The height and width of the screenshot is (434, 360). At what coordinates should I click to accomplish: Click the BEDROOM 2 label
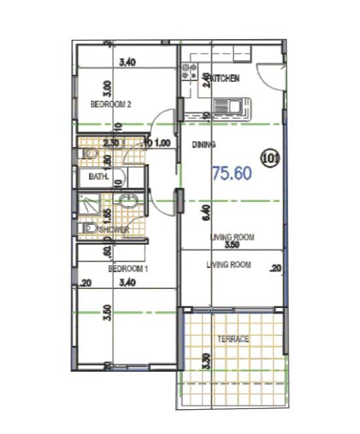(x=111, y=104)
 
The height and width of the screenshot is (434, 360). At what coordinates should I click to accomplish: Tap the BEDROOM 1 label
(x=128, y=269)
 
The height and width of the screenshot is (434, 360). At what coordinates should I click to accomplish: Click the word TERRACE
(x=233, y=339)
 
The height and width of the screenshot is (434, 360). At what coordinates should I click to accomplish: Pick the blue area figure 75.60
(x=233, y=173)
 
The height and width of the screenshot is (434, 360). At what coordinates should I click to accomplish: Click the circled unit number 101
(x=269, y=157)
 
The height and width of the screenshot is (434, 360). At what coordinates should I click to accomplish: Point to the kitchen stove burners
(x=189, y=71)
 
